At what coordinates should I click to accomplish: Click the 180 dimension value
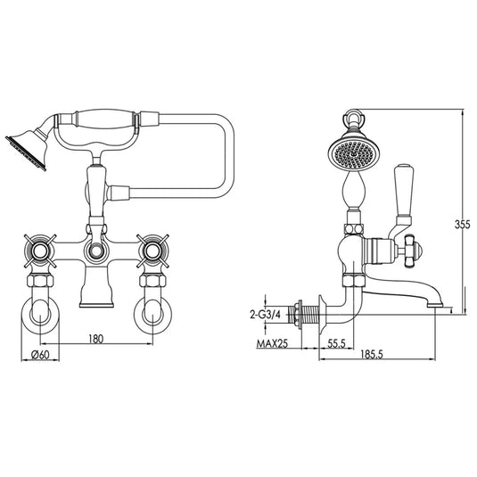coord(96,340)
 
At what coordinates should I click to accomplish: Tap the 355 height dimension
coord(462,225)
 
